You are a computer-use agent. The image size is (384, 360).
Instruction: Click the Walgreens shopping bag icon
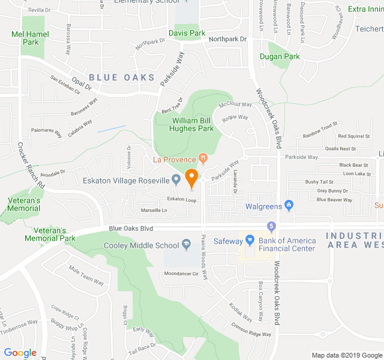(289, 206)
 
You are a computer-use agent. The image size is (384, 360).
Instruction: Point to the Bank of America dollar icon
(271, 226)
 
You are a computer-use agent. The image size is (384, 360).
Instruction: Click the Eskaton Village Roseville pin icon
(176, 179)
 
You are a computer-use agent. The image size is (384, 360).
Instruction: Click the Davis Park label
(187, 33)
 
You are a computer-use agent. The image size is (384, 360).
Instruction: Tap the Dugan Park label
(280, 56)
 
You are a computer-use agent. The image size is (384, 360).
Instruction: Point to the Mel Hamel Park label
(29, 38)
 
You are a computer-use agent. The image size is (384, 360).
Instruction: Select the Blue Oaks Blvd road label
(131, 229)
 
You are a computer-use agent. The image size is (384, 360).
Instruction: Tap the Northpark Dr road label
(227, 39)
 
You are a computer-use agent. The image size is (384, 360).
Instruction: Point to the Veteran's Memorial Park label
(50, 234)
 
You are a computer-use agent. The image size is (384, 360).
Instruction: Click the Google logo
(20, 353)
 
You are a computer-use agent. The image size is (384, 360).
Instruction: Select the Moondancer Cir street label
(181, 274)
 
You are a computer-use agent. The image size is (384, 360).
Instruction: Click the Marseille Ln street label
(154, 210)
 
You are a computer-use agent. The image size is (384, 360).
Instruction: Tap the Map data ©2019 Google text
(346, 355)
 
